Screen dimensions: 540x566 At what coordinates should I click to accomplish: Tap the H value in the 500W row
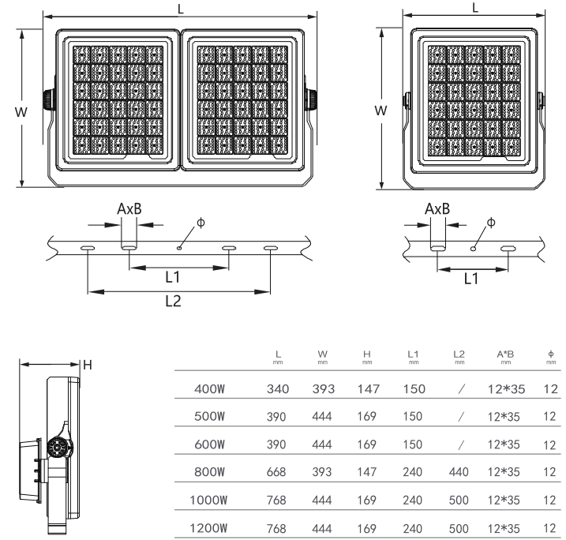367,416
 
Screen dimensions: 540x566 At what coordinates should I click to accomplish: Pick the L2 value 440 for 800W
460,472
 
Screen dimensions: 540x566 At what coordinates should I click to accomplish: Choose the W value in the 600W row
323,444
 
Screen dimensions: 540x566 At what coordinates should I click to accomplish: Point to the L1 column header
414,355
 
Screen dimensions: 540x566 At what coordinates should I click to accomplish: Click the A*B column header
506,355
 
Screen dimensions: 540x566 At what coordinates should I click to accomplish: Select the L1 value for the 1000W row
414,500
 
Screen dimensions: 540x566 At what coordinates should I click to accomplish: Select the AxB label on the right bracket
437,209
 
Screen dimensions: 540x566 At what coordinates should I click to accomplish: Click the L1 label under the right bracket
470,279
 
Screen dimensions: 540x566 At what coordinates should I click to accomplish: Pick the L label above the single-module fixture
474,6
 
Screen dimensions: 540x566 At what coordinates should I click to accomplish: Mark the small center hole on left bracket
180,249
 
